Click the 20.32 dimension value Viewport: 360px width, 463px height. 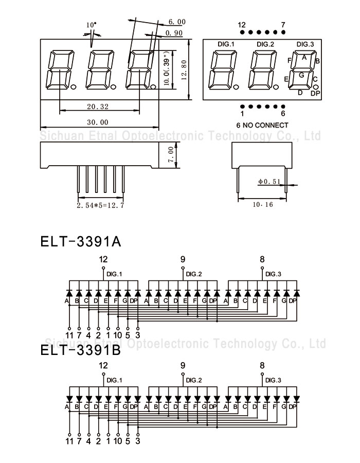(x=98, y=106)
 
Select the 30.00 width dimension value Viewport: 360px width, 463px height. (x=98, y=122)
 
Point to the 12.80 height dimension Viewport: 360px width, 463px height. (x=184, y=70)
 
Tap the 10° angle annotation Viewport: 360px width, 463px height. (x=91, y=25)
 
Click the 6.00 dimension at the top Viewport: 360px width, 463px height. (x=177, y=22)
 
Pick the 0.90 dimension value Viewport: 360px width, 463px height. (x=174, y=33)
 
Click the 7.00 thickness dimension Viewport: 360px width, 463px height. (x=171, y=155)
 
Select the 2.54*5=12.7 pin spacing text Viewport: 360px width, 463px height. (x=100, y=205)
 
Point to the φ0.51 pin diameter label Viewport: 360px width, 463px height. (x=269, y=181)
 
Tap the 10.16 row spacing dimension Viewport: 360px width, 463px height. (x=263, y=204)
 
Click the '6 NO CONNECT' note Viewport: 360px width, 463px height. (x=262, y=125)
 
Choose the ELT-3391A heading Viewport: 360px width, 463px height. (x=81, y=242)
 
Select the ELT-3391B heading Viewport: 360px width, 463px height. (x=81, y=350)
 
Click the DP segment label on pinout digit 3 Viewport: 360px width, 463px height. (x=315, y=94)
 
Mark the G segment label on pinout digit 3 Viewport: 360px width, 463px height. (x=301, y=75)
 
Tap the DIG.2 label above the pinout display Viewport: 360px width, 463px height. (x=265, y=44)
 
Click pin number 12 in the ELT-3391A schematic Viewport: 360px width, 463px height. (x=103, y=259)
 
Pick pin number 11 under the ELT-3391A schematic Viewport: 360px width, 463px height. (x=69, y=335)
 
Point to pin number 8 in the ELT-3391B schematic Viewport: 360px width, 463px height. (x=262, y=366)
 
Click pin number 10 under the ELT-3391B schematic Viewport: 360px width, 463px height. (x=118, y=441)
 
